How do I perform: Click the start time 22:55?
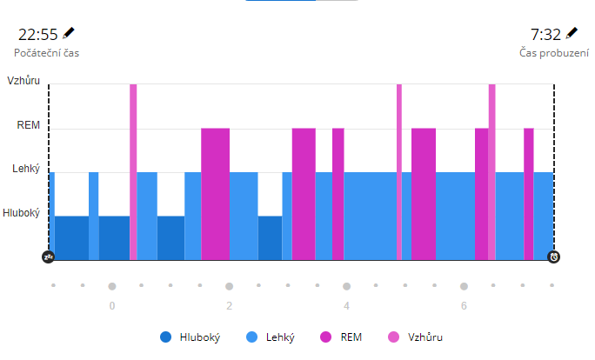click(38, 35)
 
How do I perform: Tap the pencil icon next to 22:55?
click(70, 33)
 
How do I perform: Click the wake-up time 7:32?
click(545, 35)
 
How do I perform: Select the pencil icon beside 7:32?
click(572, 33)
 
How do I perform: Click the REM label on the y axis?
click(29, 125)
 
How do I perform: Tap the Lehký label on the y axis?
click(26, 169)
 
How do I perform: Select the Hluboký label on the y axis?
click(21, 212)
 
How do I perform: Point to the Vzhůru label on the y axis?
click(23, 79)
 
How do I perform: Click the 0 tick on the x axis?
click(112, 306)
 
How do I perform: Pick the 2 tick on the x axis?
click(230, 306)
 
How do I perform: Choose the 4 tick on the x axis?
click(346, 306)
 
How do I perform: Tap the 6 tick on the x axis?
click(464, 306)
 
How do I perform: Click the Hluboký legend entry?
click(191, 337)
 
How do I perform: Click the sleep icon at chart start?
click(49, 257)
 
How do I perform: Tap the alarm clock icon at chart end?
click(554, 257)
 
